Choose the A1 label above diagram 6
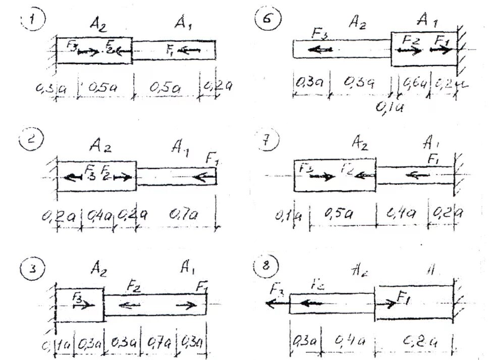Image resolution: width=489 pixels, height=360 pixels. (428, 21)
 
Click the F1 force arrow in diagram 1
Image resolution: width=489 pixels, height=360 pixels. (189, 49)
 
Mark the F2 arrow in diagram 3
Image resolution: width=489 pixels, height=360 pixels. (130, 304)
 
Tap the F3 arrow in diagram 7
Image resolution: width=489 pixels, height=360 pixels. (321, 176)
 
